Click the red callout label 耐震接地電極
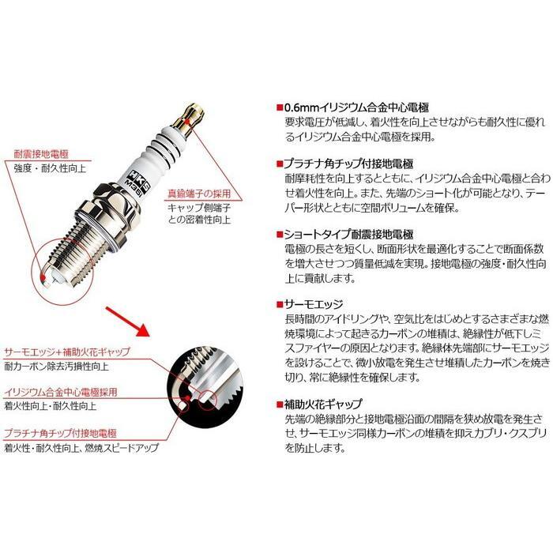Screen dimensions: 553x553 click(x=40, y=154)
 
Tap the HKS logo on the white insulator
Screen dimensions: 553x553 click(x=164, y=167)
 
